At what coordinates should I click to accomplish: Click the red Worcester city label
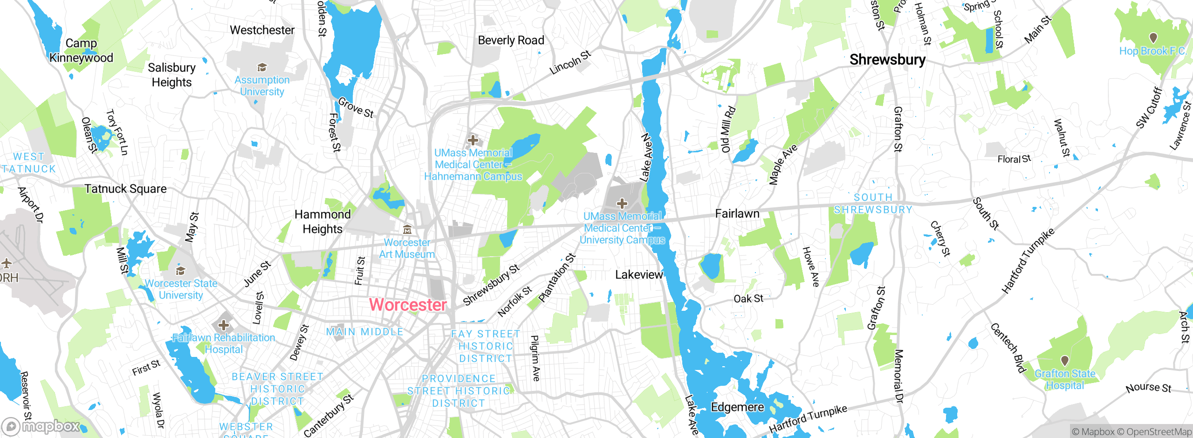pyautogui.click(x=408, y=305)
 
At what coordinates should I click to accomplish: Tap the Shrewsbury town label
pyautogui.click(x=887, y=60)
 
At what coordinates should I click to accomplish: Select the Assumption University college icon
pyautogui.click(x=262, y=68)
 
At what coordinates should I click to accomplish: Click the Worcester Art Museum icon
pyautogui.click(x=407, y=229)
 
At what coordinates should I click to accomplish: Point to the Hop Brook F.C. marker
pyautogui.click(x=1153, y=37)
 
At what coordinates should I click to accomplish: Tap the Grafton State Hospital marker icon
pyautogui.click(x=1064, y=361)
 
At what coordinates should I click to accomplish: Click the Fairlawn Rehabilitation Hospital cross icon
pyautogui.click(x=224, y=325)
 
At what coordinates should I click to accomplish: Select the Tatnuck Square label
pyautogui.click(x=125, y=189)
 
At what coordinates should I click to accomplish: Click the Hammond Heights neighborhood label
pyautogui.click(x=322, y=221)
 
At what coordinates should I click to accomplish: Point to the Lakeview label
pyautogui.click(x=639, y=275)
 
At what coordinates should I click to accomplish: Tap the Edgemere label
pyautogui.click(x=737, y=407)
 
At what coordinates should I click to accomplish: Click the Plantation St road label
pyautogui.click(x=557, y=278)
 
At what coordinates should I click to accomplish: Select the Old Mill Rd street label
pyautogui.click(x=728, y=130)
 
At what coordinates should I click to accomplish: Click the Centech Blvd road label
pyautogui.click(x=1008, y=348)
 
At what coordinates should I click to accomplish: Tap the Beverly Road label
pyautogui.click(x=511, y=41)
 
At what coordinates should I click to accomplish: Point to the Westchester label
pyautogui.click(x=262, y=30)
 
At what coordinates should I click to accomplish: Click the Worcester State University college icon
pyautogui.click(x=180, y=271)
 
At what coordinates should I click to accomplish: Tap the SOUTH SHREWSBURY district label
pyautogui.click(x=873, y=204)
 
